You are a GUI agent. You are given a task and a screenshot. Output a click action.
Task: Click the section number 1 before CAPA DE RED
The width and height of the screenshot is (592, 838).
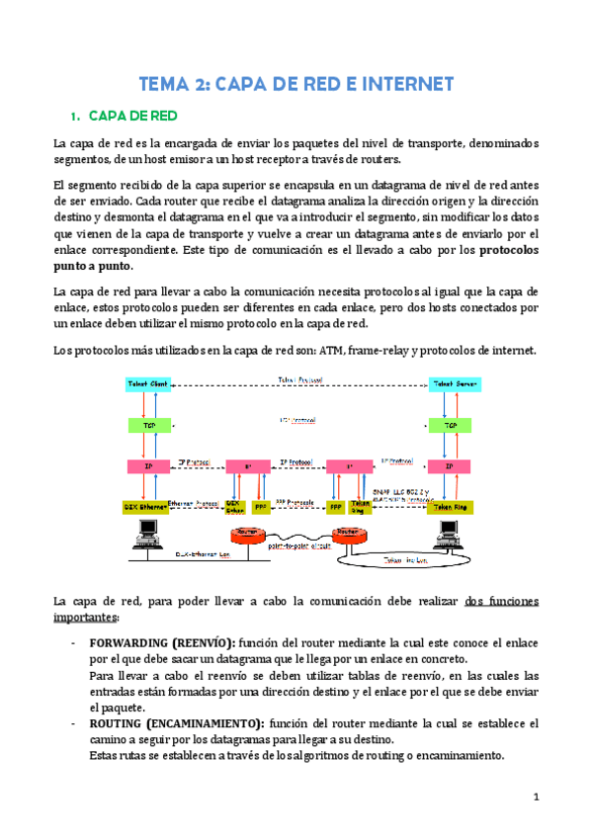tap(76, 116)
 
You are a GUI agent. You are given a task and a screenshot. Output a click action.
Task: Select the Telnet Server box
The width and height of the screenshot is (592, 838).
tap(450, 383)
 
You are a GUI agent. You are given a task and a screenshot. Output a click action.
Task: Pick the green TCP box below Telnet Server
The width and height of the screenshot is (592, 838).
tap(450, 424)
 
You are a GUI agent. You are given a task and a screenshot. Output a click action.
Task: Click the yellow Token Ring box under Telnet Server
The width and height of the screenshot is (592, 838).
tap(450, 506)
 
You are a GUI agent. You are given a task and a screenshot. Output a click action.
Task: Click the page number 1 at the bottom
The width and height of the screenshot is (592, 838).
tap(535, 796)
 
